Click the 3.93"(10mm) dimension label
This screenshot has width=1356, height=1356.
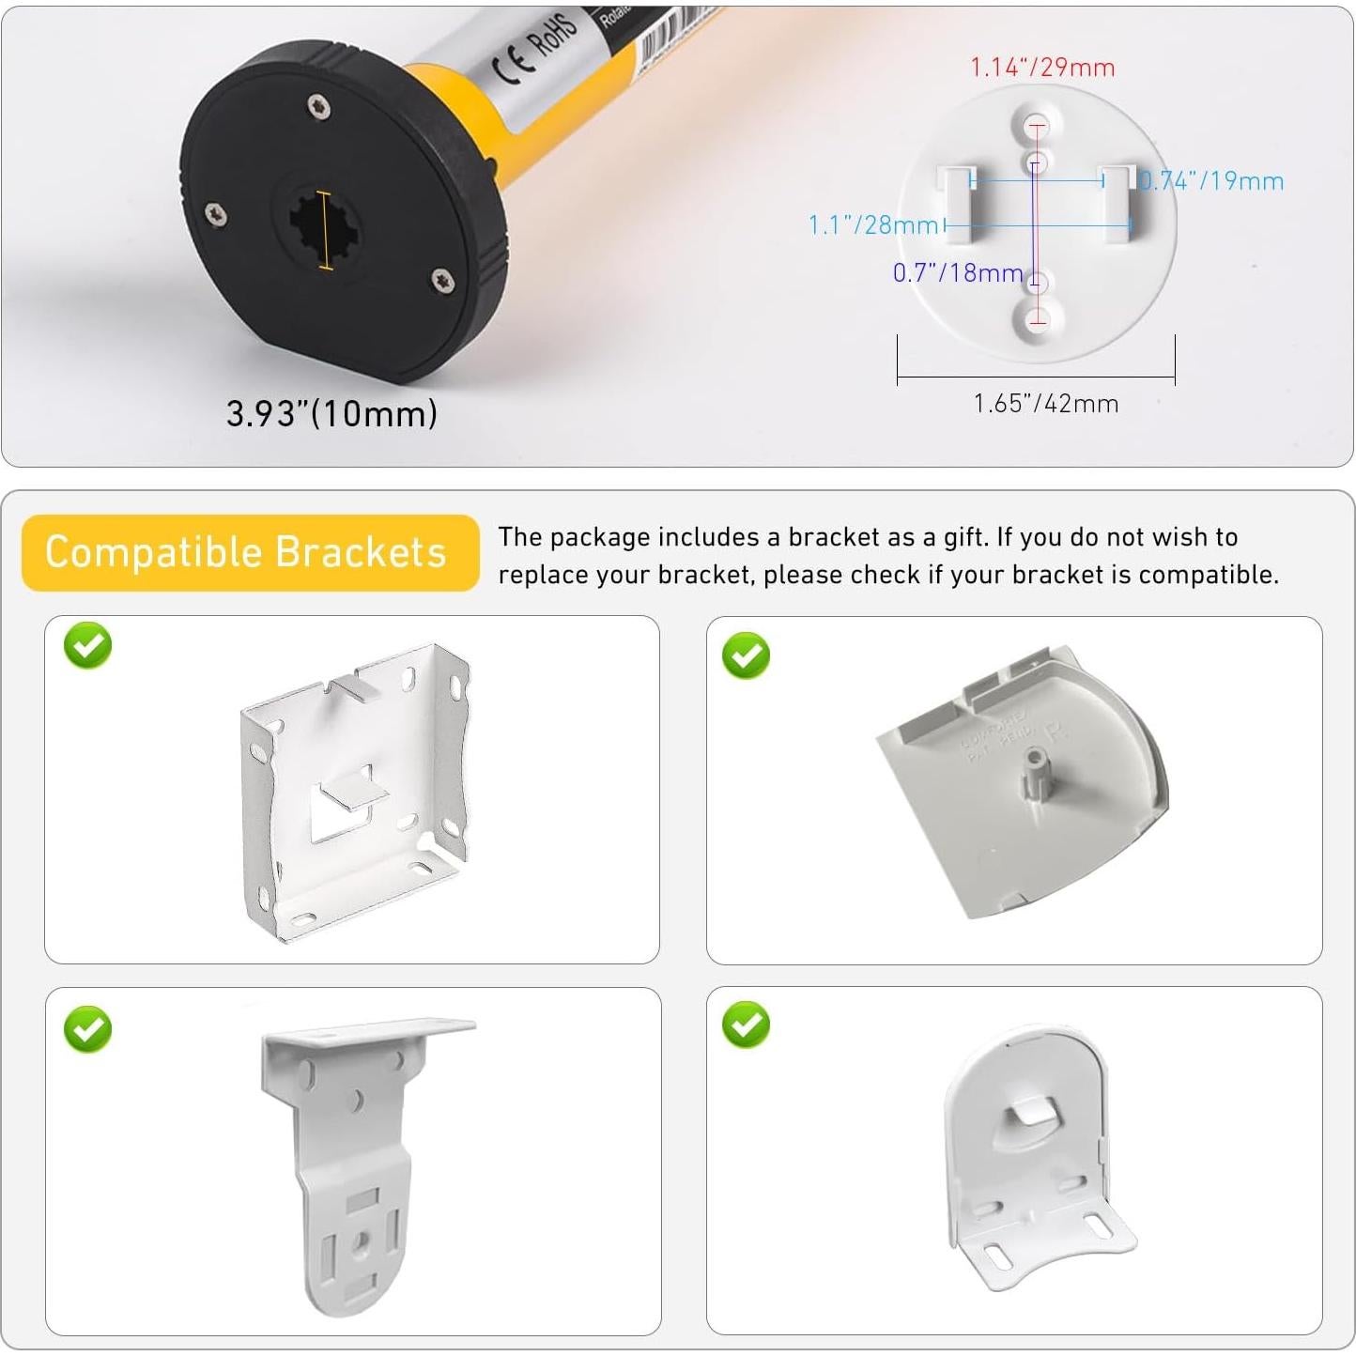coord(331,413)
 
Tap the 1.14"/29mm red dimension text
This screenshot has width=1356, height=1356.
coord(1042,68)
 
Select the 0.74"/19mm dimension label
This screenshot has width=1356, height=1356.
coord(1211,181)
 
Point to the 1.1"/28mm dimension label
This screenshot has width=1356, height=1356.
coord(872,225)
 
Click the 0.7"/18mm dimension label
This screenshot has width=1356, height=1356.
coord(957,273)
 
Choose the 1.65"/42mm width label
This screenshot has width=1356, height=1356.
coord(1046,404)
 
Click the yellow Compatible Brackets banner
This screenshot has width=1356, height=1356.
coord(248,552)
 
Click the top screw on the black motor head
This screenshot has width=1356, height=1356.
coord(319,107)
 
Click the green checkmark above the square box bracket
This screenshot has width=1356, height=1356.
coord(88,645)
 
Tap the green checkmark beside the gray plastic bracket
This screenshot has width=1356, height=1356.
coord(747,655)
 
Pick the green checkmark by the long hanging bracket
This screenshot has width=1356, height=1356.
coord(88,1029)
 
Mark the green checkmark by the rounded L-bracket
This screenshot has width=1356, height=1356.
coord(747,1025)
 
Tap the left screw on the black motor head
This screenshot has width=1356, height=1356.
coord(216,214)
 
